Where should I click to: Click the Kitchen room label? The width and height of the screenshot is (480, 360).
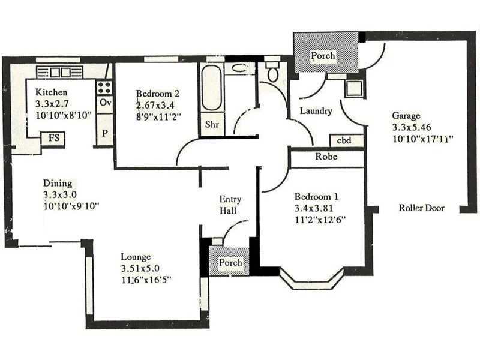tap(51, 93)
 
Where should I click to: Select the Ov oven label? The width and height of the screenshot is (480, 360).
tap(105, 103)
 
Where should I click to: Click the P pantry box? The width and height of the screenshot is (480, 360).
tap(105, 133)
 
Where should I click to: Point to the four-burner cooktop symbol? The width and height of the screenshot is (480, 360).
tap(104, 88)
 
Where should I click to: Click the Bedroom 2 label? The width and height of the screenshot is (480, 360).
tap(158, 94)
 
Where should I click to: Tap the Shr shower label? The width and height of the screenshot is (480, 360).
tap(211, 125)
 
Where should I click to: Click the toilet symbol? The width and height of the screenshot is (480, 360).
tap(273, 74)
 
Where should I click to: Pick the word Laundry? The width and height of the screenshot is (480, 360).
tap(316, 111)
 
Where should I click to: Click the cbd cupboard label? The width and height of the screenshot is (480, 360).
tap(344, 141)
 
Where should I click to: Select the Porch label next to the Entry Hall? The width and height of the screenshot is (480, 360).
tap(230, 263)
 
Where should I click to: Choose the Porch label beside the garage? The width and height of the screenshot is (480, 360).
tap(323, 56)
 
